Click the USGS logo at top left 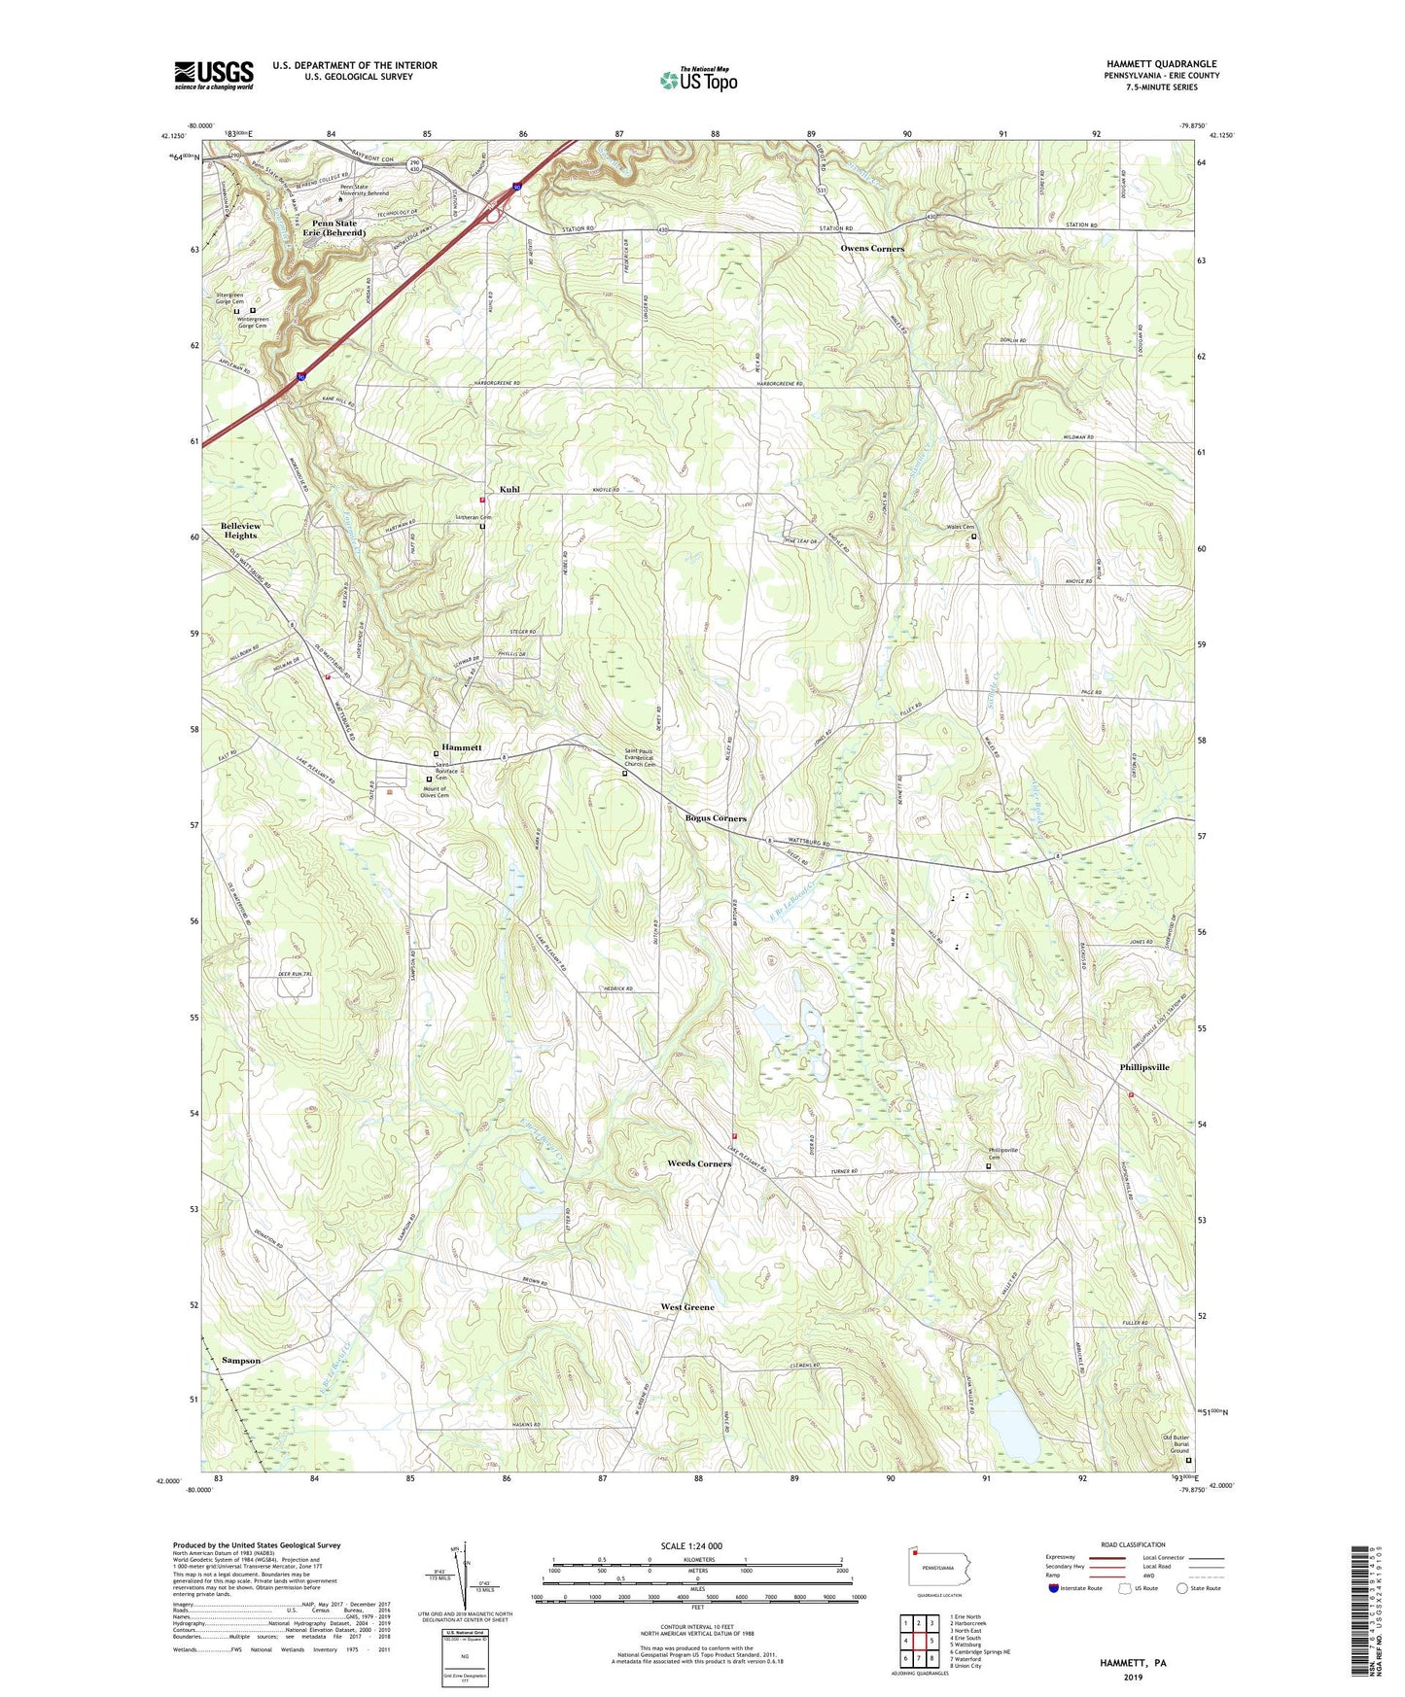(x=213, y=75)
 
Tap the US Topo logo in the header (x=698, y=80)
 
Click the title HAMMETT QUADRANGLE (x=1161, y=64)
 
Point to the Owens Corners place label (x=872, y=249)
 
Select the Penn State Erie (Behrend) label (x=334, y=228)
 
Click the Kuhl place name (x=509, y=490)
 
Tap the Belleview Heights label (x=240, y=531)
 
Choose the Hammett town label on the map (x=462, y=747)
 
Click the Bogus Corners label (x=716, y=818)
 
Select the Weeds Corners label (x=699, y=1163)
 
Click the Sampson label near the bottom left (x=240, y=1361)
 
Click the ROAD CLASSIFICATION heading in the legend (x=1133, y=1544)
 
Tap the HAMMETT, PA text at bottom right (x=1133, y=1663)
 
